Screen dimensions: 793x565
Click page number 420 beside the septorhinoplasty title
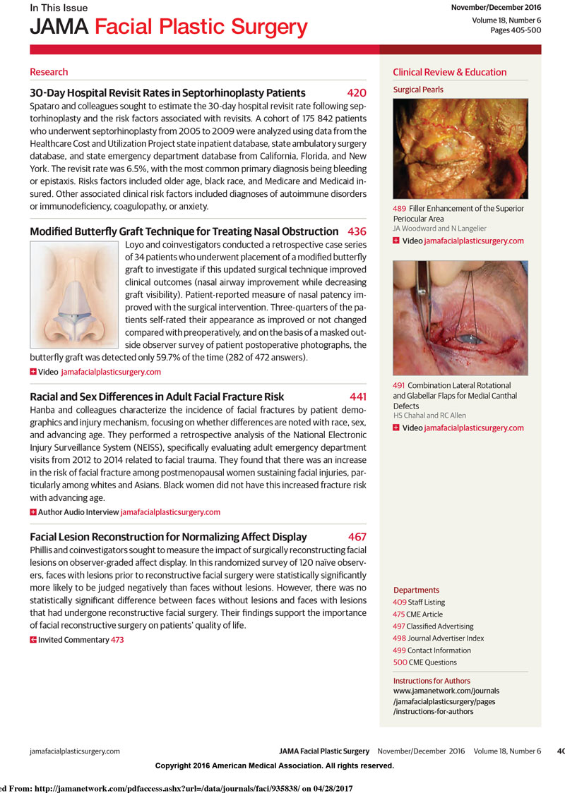point(357,93)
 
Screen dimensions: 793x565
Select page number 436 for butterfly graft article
point(357,231)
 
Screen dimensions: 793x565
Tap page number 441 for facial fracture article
point(357,397)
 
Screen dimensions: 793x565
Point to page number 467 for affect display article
point(357,537)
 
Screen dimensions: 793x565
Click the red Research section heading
point(49,72)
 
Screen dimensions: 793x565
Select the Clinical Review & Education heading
point(449,72)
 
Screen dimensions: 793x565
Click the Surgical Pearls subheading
point(418,90)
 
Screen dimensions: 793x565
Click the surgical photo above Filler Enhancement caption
point(460,148)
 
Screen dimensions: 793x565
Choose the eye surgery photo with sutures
point(460,317)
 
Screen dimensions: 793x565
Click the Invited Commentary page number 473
point(117,640)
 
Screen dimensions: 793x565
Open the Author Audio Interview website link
point(170,511)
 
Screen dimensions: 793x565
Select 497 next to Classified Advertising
point(399,626)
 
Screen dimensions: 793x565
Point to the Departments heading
point(416,590)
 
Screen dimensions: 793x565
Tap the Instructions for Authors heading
point(432,681)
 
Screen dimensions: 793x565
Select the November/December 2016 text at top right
point(496,7)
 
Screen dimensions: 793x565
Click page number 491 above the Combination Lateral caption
point(398,386)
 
